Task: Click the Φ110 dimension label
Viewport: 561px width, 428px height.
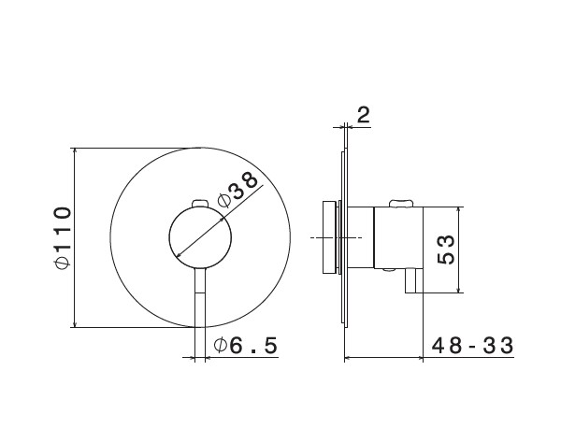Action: pos(63,237)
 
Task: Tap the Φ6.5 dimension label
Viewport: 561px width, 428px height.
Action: pos(245,346)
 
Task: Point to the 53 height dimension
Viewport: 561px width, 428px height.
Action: pos(446,250)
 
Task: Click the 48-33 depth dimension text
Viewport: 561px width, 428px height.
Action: pos(472,346)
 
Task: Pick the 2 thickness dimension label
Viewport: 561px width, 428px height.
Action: pos(363,115)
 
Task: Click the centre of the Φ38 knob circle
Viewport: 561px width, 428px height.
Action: pos(200,237)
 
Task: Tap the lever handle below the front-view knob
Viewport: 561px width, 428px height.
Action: pos(200,297)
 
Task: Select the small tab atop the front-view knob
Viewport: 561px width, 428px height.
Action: pos(200,204)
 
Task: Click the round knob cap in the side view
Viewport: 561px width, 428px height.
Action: pos(329,237)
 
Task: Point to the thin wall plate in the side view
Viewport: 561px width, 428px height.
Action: pos(346,237)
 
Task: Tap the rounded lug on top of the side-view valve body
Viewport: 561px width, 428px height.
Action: pos(401,204)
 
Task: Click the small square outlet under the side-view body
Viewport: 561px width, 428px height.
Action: pos(414,281)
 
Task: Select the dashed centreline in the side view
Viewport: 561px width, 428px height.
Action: pos(336,237)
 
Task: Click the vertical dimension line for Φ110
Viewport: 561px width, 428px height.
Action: pos(75,237)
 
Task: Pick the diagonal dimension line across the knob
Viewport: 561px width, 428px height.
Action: pos(220,221)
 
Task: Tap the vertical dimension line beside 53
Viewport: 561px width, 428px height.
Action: pos(459,250)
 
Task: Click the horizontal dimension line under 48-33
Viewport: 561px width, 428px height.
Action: pos(383,357)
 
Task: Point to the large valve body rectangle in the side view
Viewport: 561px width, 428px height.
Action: pos(398,237)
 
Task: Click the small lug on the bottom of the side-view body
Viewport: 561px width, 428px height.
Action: pos(389,269)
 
